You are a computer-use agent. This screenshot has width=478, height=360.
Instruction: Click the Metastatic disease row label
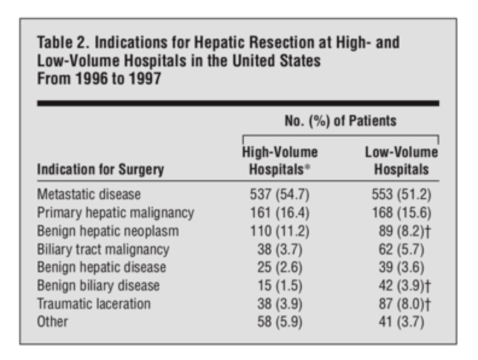[89, 195]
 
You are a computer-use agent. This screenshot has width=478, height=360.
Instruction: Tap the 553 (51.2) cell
[398, 195]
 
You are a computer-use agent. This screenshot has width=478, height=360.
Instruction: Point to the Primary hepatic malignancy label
[115, 213]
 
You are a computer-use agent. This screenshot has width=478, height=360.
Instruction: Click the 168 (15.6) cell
[398, 213]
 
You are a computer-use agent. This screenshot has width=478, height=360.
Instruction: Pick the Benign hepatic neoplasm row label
[108, 231]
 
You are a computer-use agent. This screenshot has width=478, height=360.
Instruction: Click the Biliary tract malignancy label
[103, 249]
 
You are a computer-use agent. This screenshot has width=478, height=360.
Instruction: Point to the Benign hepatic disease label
[101, 267]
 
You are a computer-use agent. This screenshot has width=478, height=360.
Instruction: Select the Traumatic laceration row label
[94, 303]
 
